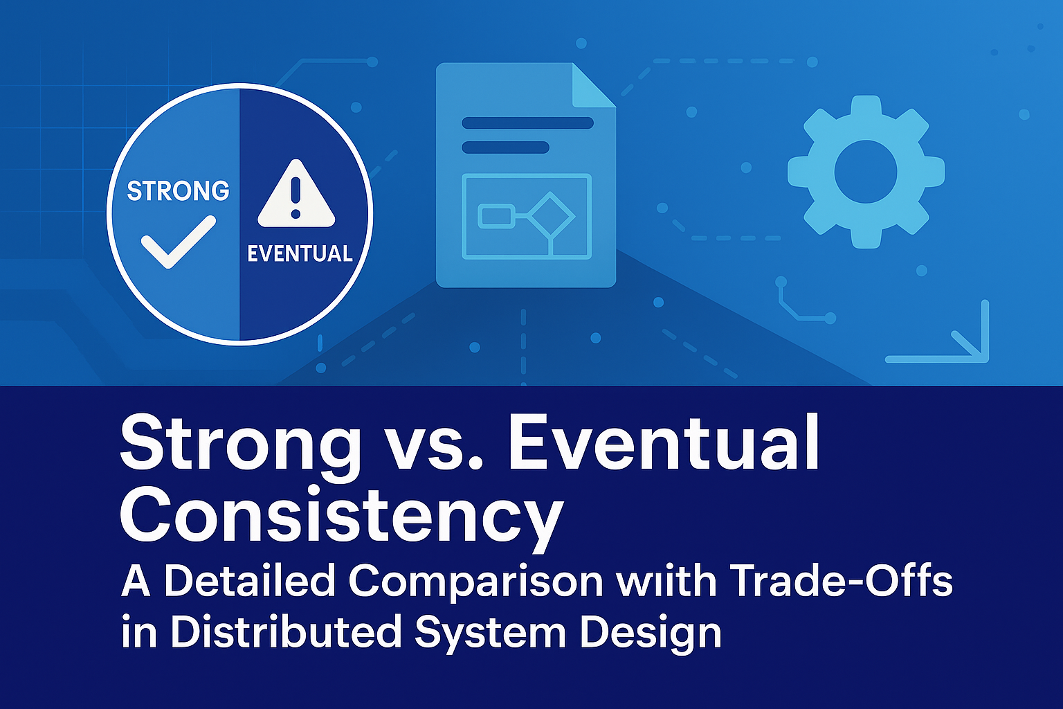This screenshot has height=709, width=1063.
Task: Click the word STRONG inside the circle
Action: click(x=178, y=190)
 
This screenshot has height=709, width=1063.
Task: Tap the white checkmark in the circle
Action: click(x=178, y=242)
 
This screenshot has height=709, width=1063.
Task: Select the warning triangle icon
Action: click(x=296, y=194)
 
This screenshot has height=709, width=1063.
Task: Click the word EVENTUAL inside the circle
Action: click(x=300, y=253)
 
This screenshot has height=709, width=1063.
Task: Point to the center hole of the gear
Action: click(x=866, y=172)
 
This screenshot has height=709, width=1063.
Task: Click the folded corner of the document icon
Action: click(x=593, y=85)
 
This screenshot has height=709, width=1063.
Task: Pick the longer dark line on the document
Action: click(x=528, y=123)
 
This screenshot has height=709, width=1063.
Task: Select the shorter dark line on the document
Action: click(x=505, y=147)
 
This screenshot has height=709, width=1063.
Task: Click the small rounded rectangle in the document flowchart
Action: click(x=496, y=216)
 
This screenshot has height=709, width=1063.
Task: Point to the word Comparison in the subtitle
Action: click(x=475, y=582)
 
